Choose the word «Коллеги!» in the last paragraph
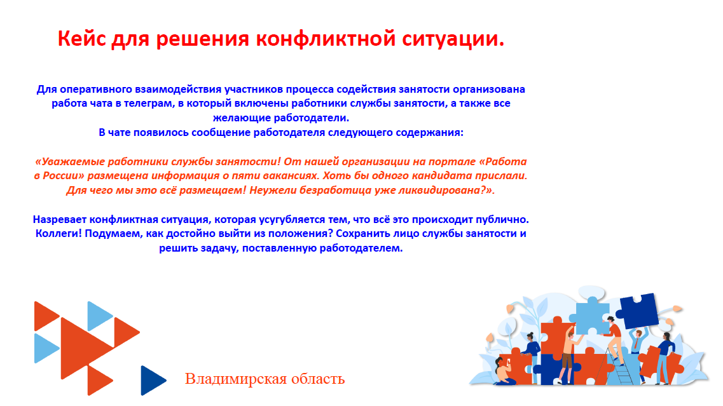point(57,233)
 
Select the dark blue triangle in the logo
point(151,380)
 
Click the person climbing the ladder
point(613,337)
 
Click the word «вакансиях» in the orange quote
point(344,175)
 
